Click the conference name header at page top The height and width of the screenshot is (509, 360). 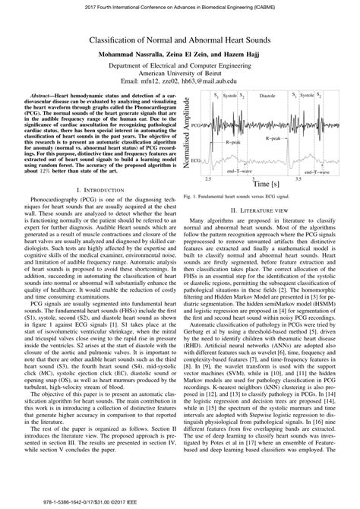180,5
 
